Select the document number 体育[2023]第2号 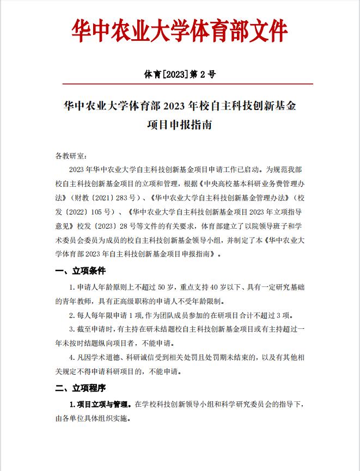(x=180, y=74)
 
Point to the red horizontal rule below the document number (x=180, y=84)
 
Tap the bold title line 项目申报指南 (x=180, y=125)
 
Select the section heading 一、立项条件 (x=81, y=271)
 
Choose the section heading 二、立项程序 (x=81, y=388)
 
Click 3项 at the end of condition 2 (x=288, y=315)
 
